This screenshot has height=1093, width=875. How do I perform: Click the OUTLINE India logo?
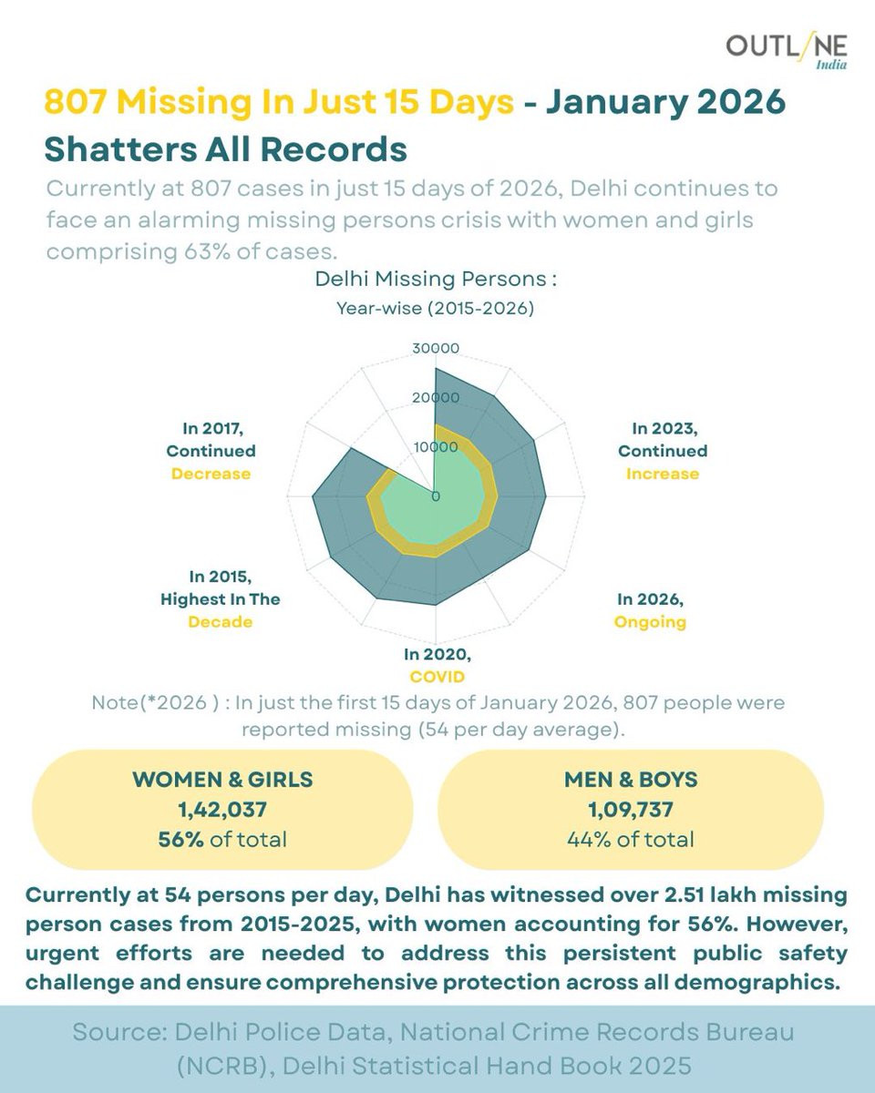pos(787,51)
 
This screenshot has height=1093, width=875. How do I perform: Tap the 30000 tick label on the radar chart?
pos(436,348)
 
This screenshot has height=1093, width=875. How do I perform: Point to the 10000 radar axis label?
pos(436,447)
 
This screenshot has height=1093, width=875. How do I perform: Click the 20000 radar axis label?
pos(436,397)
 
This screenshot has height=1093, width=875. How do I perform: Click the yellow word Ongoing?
pos(651,622)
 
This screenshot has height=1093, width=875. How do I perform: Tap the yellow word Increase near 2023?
pos(663,474)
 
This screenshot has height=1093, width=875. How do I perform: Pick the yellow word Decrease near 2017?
pos(211,474)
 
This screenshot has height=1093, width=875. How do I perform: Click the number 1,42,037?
pos(222,808)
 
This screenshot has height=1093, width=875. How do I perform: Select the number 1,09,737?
pos(630,808)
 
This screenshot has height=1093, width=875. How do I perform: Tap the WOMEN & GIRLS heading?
pos(222,779)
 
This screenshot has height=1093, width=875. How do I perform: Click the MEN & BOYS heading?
pos(630,779)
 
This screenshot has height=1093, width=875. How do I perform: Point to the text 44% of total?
pos(630,839)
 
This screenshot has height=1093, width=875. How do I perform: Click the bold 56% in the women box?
pos(180,839)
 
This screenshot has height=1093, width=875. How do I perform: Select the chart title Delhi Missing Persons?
pos(435,279)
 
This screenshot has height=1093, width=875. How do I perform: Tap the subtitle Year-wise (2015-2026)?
pos(435,308)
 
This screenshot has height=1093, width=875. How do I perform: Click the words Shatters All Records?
pos(225,148)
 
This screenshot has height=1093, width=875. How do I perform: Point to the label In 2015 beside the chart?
pos(220,577)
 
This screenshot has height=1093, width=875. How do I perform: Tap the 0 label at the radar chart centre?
pos(436,497)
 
